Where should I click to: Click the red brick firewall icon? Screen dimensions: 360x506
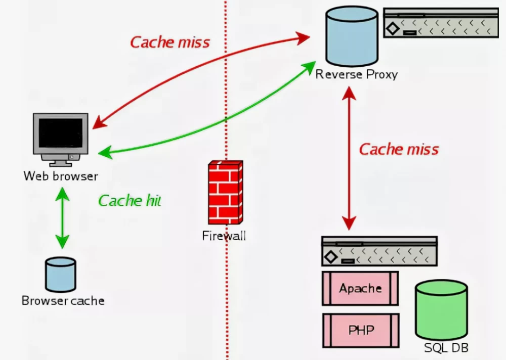tap(225, 192)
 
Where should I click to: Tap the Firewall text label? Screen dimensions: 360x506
tap(224, 236)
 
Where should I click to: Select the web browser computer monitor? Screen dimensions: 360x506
tap(60, 134)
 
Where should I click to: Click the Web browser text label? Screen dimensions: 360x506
tap(60, 176)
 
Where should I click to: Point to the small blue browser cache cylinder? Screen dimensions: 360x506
tap(60, 275)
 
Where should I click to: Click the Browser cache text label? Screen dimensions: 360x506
tap(63, 301)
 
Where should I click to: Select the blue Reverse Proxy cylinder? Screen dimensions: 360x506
tap(352, 36)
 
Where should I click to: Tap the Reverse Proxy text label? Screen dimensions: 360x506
tap(356, 74)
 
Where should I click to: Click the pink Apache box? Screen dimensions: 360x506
tap(360, 288)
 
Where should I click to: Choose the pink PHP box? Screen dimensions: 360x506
tap(361, 330)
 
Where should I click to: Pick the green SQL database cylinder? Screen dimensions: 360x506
tap(441, 309)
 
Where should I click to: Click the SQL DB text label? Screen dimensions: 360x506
tap(446, 348)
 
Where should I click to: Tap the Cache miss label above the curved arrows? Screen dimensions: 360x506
tap(170, 42)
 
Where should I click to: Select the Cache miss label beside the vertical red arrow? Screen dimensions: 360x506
tap(399, 149)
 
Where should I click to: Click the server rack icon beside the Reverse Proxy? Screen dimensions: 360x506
tap(441, 23)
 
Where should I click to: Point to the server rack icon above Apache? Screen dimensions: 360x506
tap(379, 251)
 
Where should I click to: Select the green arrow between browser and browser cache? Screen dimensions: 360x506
tap(62, 217)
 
